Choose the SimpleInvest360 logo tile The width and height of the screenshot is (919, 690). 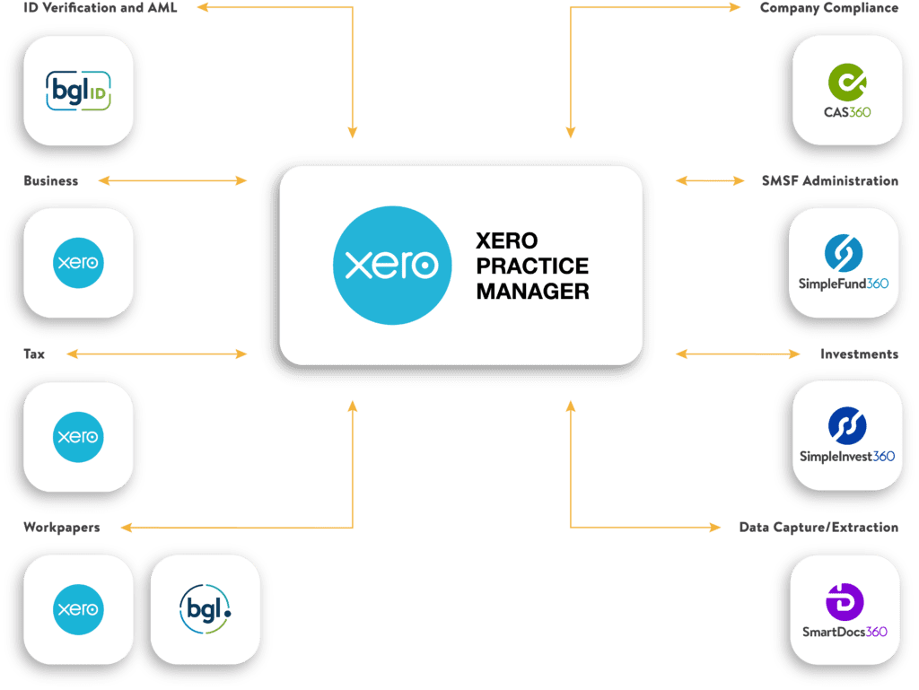click(846, 435)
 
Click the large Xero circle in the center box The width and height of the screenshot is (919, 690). click(391, 265)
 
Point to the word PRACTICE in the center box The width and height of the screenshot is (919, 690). click(532, 266)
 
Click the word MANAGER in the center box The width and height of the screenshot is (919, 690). click(532, 291)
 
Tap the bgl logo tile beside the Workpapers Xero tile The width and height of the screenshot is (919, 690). click(205, 608)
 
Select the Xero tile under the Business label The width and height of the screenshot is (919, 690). click(77, 263)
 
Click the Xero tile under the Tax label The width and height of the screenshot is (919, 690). click(77, 436)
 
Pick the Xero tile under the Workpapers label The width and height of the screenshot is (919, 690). click(77, 608)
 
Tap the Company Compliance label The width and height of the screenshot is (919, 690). click(828, 8)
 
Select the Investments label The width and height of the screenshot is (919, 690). click(859, 354)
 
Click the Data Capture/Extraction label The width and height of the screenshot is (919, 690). click(818, 527)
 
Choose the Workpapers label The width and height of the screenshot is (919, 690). click(62, 527)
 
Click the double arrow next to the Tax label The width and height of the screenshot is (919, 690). click(156, 354)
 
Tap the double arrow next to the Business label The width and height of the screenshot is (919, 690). click(171, 180)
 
